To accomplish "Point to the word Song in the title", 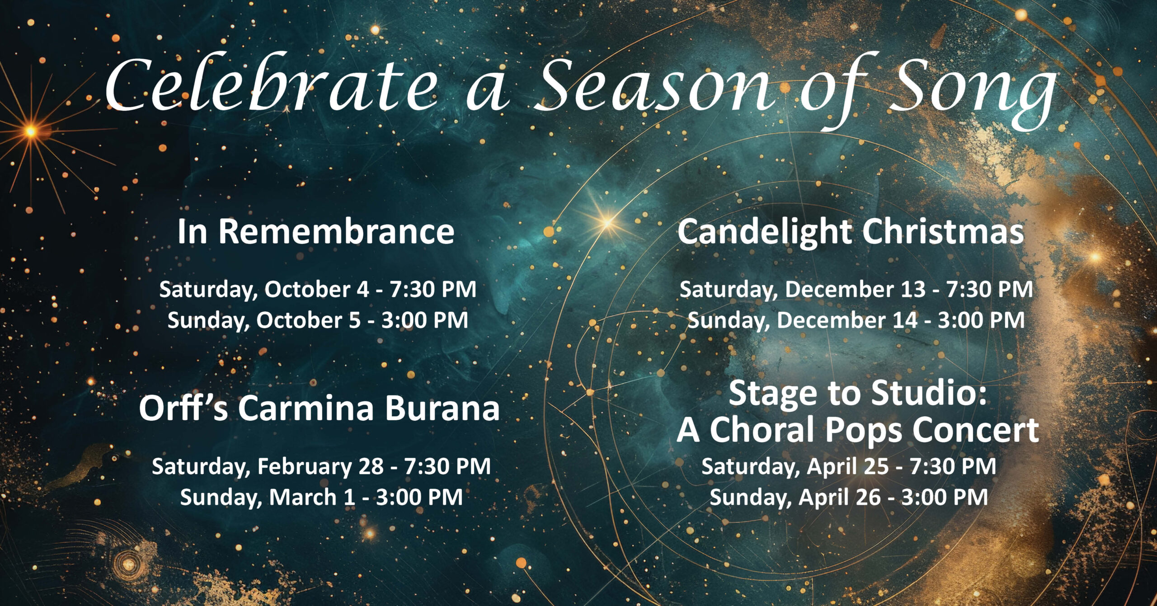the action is [972, 93].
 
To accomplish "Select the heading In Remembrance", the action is [316, 231].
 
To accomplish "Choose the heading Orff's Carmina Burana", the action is [319, 408].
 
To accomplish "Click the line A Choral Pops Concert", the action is [858, 430].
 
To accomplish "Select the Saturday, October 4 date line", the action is [318, 290].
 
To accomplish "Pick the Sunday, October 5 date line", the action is [318, 320].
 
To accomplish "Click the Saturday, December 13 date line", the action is [856, 290].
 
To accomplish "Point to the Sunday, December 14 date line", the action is [856, 320].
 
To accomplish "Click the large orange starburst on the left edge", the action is [31, 132].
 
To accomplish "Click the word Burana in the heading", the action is [442, 408].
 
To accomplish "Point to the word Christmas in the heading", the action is [943, 231].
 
